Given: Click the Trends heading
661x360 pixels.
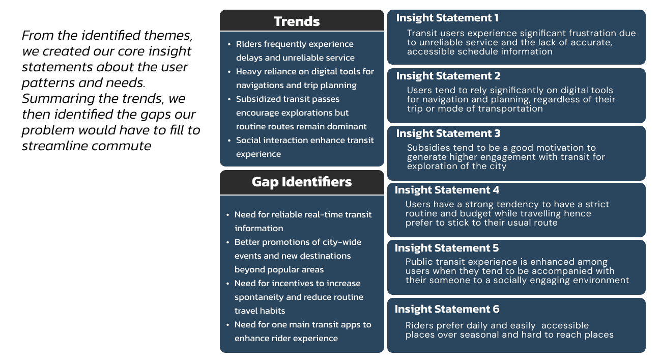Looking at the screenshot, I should (297, 21).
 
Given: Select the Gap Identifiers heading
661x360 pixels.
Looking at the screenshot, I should (302, 182).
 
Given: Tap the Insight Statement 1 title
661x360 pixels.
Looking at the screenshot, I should (447, 18).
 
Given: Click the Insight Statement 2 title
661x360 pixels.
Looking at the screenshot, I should (448, 76).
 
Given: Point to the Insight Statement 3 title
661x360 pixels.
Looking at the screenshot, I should (448, 133).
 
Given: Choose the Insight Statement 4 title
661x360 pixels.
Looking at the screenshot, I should (447, 190).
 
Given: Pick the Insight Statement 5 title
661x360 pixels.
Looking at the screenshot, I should (447, 248).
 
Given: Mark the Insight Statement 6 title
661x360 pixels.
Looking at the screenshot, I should (447, 309).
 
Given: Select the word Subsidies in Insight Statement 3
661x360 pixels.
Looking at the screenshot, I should (426, 148).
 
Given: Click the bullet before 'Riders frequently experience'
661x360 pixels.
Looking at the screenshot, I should (229, 44).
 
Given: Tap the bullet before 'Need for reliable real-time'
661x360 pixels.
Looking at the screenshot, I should (228, 215).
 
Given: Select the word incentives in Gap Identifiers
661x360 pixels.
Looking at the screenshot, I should (293, 283).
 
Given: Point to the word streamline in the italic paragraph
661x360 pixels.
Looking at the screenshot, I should (55, 146).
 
